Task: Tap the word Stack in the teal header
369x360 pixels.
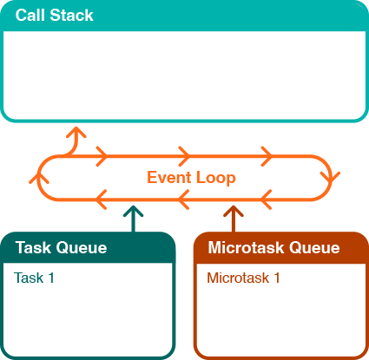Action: click(71, 16)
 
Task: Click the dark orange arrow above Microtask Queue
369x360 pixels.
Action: click(233, 217)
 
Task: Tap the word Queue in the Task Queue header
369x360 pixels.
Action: click(82, 248)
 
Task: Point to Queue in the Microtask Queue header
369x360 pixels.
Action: click(316, 248)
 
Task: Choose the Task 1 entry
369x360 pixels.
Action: click(34, 278)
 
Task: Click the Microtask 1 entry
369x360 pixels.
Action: click(244, 278)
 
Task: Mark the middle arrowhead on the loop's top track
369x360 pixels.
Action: click(184, 156)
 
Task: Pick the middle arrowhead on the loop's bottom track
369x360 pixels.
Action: click(184, 201)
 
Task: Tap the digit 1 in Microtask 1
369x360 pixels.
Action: click(277, 278)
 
